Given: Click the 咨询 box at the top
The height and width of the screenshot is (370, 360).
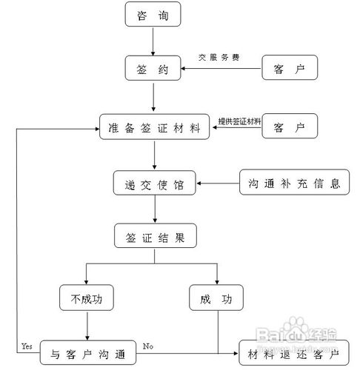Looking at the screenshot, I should click(153, 16).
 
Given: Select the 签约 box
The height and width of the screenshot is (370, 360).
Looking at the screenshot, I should click(153, 70).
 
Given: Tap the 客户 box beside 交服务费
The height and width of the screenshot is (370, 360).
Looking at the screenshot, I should click(290, 70).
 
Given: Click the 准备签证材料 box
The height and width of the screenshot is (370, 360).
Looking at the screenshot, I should click(153, 127).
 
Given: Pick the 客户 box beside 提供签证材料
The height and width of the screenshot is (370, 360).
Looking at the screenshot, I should click(290, 127).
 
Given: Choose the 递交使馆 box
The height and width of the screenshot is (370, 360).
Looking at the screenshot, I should click(155, 183).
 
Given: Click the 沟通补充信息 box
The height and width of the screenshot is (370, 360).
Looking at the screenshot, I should click(294, 183).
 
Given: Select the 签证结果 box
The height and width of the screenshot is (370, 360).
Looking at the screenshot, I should click(155, 238).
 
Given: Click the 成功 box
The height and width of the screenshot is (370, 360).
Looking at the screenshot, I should click(216, 300).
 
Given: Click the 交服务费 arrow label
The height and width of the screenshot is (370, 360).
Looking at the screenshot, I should click(219, 57).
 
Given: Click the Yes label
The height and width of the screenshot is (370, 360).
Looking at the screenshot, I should click(27, 346).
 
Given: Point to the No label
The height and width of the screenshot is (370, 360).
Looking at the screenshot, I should click(148, 346).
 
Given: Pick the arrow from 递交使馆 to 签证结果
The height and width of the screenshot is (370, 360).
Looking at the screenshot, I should click(154, 210).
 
